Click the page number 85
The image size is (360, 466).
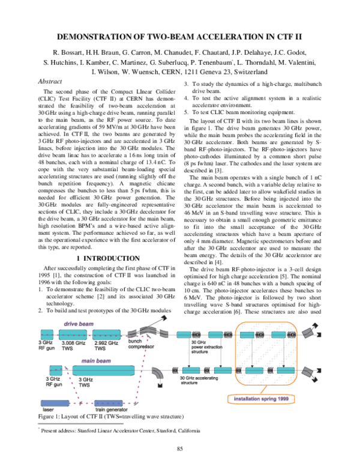click(179, 449)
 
